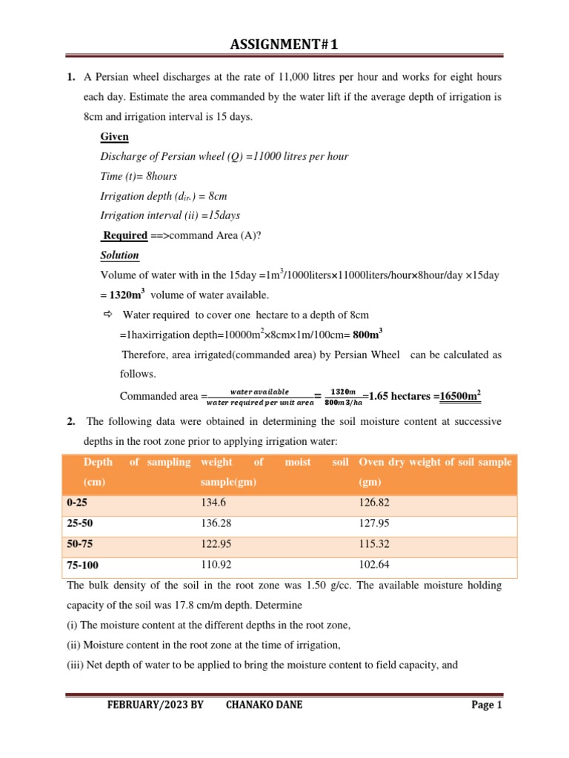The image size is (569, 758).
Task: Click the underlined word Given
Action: pos(114,137)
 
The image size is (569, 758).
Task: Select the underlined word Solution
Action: pos(119,255)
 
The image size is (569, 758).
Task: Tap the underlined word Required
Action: pos(125,235)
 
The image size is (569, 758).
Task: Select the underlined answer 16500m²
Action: pos(460,396)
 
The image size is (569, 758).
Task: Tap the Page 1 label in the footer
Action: pos(487,705)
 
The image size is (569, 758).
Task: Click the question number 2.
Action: pos(70,421)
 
